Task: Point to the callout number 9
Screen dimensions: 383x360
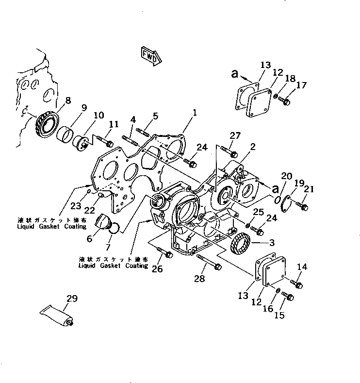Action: (x=84, y=109)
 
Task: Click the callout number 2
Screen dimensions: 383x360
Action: (x=253, y=146)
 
